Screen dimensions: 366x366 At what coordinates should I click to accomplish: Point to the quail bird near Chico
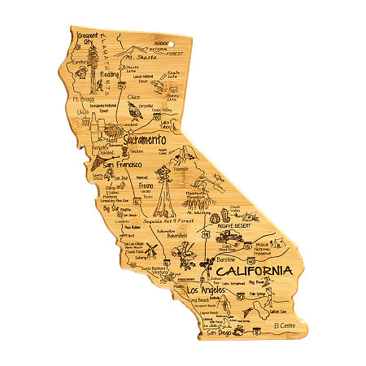133,111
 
